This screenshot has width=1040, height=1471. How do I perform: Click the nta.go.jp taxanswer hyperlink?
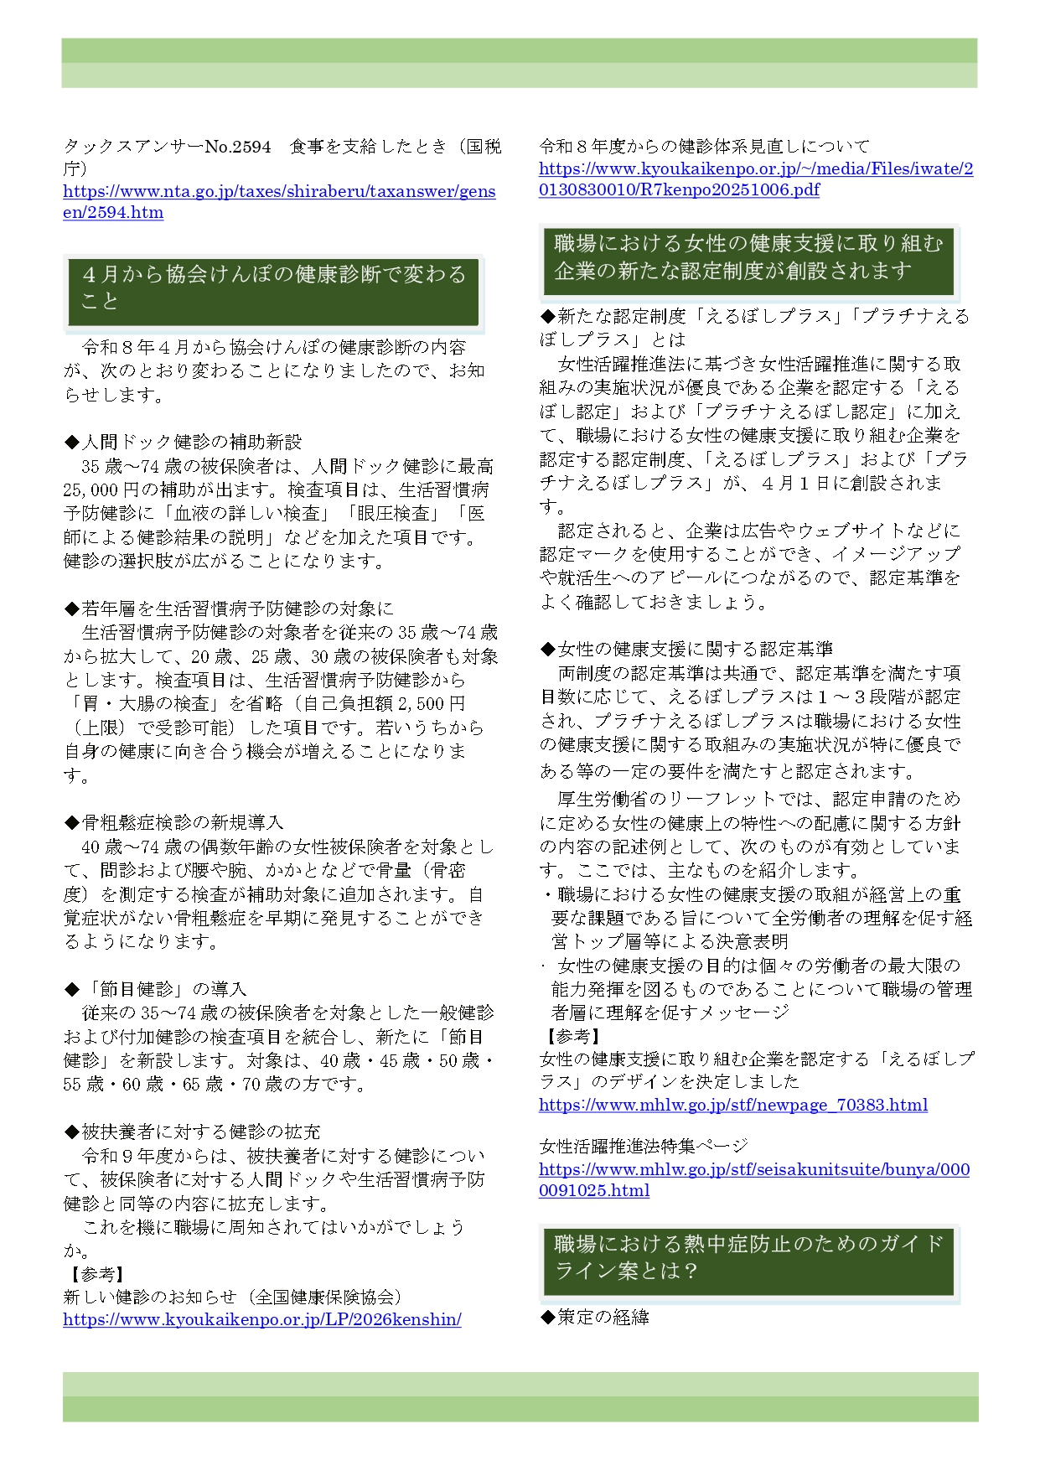pos(279,192)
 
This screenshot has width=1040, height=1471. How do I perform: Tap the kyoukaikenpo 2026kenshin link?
pos(261,1319)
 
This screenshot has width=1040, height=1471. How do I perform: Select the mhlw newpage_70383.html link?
pos(732,1105)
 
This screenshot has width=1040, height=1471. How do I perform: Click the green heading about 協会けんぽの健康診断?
pos(273,288)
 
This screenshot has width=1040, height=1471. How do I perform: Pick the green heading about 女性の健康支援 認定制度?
pos(748,257)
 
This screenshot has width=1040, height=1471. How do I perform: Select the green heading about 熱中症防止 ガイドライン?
pos(748,1257)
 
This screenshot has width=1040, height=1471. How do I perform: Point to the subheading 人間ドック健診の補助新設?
pos(183,442)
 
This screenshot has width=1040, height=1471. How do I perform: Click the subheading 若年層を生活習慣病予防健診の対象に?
pos(229,609)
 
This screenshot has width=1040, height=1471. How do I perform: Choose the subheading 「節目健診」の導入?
pos(155,989)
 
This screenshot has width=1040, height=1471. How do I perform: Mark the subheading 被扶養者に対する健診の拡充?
pos(192,1132)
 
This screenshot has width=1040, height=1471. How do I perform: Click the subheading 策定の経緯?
pos(594,1317)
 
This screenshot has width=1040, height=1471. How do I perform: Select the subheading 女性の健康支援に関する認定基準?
pos(686,649)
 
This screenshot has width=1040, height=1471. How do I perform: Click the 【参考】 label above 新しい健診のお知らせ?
pos(96,1274)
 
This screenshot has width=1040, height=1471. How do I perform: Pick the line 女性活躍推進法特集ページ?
pos(643,1146)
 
